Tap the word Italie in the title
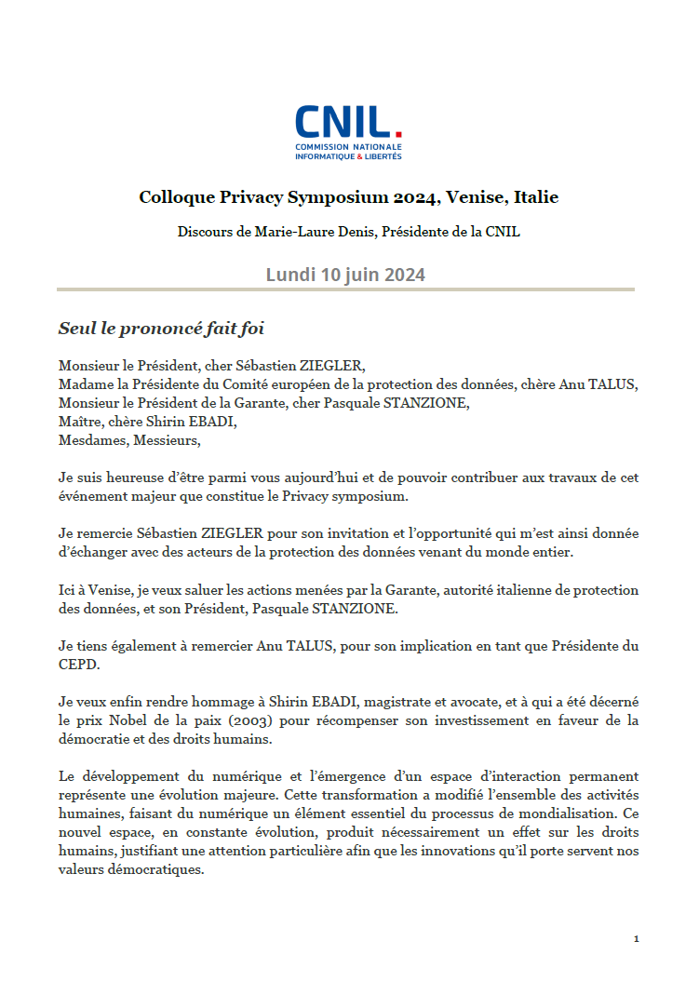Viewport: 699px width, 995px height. pos(533,197)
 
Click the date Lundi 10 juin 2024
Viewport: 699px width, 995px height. pos(345,275)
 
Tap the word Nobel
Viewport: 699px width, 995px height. pos(119,721)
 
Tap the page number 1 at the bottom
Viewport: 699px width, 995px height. pos(636,939)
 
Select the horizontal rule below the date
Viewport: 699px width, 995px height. pos(345,289)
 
